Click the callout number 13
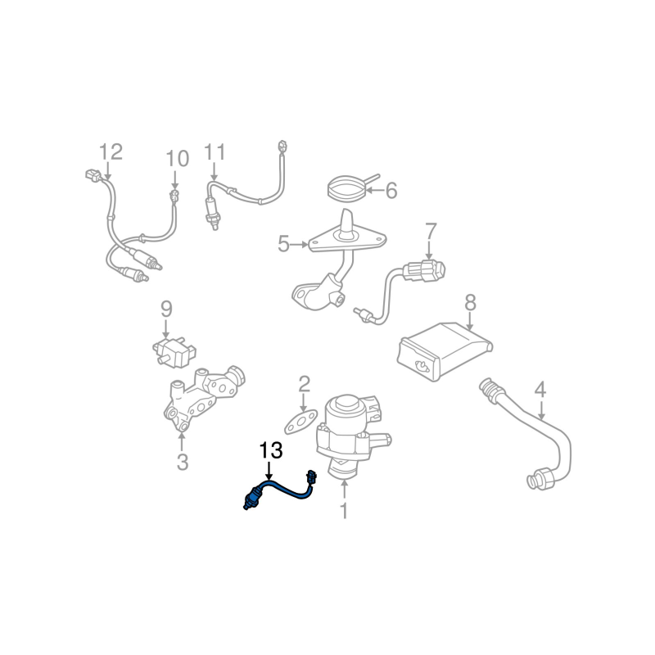271,450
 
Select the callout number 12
111,151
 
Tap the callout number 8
470,303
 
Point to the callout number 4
540,390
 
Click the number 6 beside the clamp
391,191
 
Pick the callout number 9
166,309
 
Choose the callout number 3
183,463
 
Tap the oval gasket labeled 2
301,422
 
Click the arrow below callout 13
269,470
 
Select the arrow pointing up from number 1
344,490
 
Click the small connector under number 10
174,194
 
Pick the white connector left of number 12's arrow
91,174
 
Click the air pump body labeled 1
351,435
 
